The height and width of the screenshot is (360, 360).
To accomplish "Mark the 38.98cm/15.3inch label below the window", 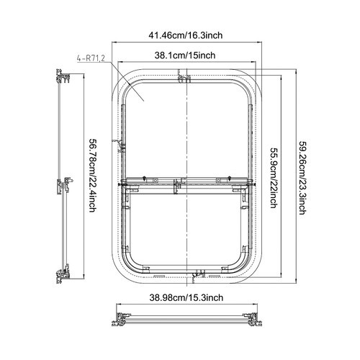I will pyautogui.click(x=186, y=297).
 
